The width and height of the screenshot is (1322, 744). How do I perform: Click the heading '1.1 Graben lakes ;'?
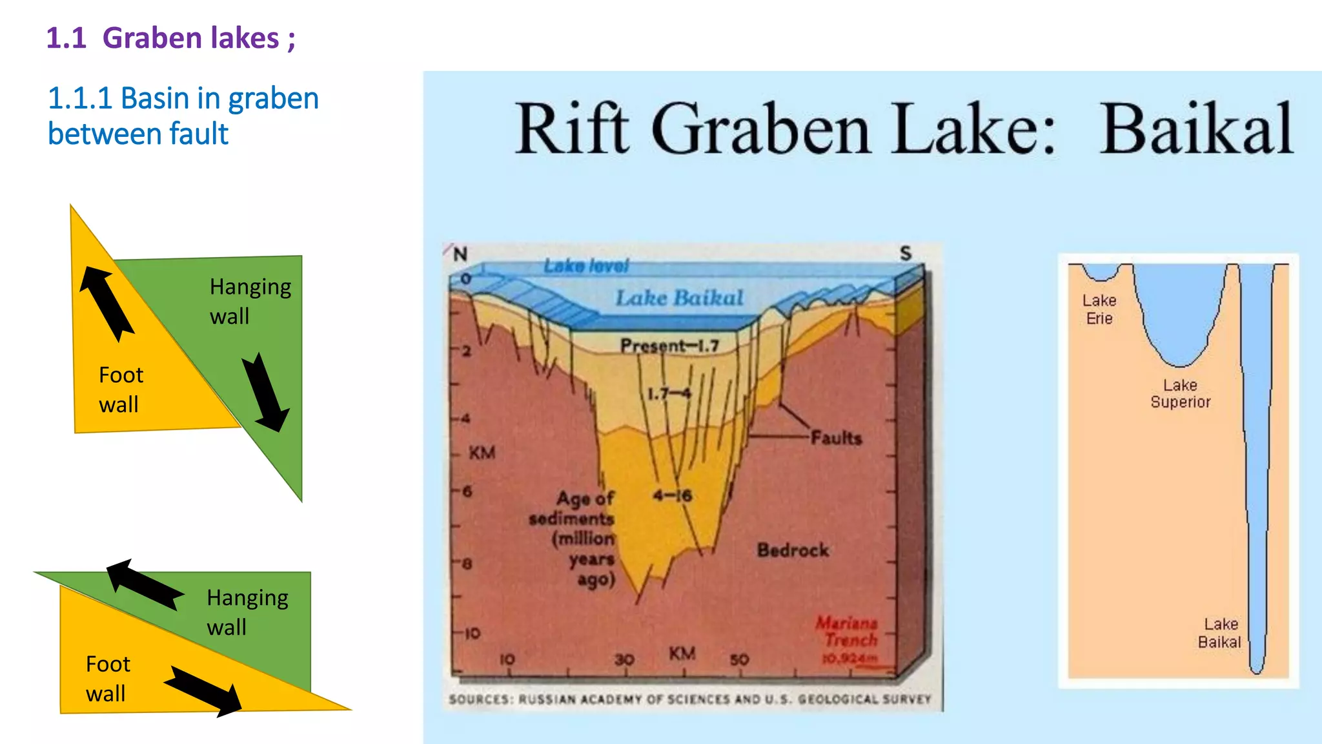pos(170,38)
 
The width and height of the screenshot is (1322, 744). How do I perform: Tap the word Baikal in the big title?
pos(1196,129)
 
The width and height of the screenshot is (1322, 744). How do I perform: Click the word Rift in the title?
pos(571,129)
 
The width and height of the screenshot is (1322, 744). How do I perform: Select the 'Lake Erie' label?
pos(1099,309)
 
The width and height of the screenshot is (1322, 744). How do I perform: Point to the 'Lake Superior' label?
pos(1180,393)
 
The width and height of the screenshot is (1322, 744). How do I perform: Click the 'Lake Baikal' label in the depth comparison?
pos(1219,633)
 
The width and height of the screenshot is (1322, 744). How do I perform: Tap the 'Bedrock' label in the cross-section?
pos(793,550)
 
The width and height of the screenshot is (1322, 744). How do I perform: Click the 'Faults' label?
pos(836,438)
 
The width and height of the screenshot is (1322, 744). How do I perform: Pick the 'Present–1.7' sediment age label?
pos(669,346)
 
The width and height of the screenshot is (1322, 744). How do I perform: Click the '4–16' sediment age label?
pos(672,495)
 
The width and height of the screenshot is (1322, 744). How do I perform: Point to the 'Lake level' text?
pos(585,266)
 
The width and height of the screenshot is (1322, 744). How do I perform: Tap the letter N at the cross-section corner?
pos(460,254)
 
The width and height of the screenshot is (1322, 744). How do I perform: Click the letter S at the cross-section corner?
pos(906,253)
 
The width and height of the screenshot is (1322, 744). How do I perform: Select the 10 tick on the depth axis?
pos(473,633)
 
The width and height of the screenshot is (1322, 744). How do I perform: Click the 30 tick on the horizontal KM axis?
pos(624,659)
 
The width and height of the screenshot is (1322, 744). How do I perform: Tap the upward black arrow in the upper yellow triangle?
pos(107,303)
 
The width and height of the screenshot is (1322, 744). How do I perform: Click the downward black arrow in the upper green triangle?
pos(265,391)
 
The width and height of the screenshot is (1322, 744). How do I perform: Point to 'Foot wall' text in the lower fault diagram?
pos(108,679)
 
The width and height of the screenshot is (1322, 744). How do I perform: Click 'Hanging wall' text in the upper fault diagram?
pos(250,301)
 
